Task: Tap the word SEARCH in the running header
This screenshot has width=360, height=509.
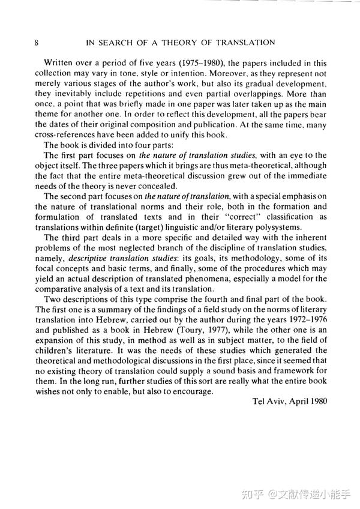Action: pyautogui.click(x=109, y=43)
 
